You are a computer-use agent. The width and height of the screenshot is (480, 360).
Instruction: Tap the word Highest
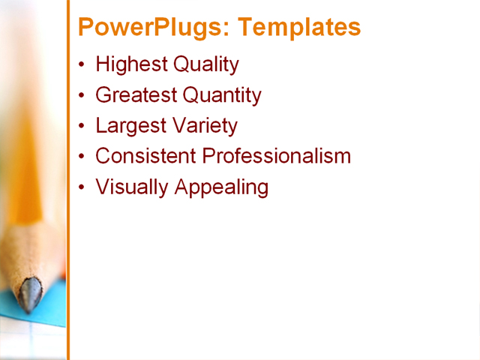[x=131, y=65]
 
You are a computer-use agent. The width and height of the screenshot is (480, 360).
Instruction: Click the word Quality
[x=205, y=65]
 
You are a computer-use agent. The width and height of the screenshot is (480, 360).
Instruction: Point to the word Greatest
[x=136, y=96]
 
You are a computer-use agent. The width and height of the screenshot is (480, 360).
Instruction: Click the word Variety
[x=204, y=126]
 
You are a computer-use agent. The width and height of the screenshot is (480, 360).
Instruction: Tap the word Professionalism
[x=277, y=156]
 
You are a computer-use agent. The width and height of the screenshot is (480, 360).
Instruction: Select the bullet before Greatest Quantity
[x=82, y=96]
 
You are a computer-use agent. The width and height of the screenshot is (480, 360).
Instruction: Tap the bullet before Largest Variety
[x=82, y=126]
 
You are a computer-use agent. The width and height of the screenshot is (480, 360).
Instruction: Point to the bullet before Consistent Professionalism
[x=82, y=157]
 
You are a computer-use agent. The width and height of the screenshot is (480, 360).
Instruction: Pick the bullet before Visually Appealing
[x=82, y=187]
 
